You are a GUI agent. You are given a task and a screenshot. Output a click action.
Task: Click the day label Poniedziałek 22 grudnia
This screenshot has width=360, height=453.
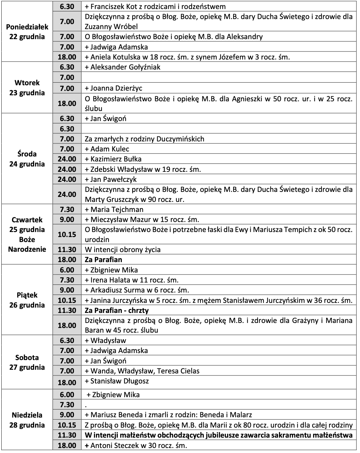point(27,32)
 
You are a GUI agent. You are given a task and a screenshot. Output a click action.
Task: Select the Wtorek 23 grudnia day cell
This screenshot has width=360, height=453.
point(27,88)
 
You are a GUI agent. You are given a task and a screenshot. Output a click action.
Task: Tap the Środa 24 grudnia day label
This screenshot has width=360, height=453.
point(27,159)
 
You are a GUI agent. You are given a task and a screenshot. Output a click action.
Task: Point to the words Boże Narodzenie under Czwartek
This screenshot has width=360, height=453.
point(27,244)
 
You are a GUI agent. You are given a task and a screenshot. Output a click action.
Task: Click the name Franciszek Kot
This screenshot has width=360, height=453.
point(112,6)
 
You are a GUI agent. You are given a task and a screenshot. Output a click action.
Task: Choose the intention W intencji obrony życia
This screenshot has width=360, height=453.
point(122,249)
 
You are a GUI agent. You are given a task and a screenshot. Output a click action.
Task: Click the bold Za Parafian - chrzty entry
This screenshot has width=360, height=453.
point(116,310)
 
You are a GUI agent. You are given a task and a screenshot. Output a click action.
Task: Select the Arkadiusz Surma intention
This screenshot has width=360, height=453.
point(137,290)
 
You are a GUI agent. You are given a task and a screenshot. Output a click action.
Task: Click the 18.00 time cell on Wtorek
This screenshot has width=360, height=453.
point(67,103)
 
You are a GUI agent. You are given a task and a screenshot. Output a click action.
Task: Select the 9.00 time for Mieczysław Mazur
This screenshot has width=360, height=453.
point(67,219)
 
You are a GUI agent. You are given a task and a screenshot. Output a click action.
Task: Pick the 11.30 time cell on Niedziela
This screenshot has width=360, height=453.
point(67,435)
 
